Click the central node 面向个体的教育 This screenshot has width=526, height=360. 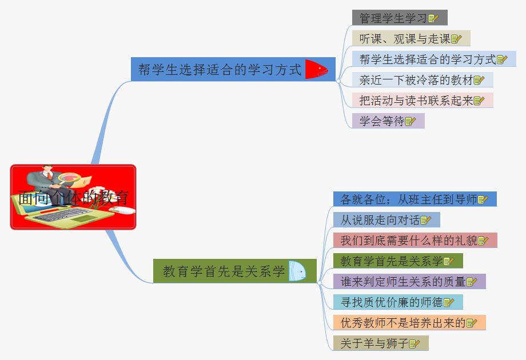click(73, 198)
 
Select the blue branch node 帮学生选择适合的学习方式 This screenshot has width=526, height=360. click(220, 70)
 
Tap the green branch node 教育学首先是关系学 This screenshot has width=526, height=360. click(224, 271)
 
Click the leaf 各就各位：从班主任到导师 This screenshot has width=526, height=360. click(409, 199)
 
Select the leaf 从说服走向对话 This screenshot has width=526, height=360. click(380, 219)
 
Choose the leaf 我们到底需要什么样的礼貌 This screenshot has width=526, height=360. click(409, 240)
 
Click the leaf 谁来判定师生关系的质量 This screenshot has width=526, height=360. click(403, 281)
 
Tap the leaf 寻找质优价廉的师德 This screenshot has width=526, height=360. click(392, 302)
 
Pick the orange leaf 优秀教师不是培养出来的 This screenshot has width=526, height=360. click(403, 322)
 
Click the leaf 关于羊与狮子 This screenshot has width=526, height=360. click(374, 343)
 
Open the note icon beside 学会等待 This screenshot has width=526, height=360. click(411, 121)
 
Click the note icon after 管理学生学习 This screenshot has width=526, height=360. click(433, 18)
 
